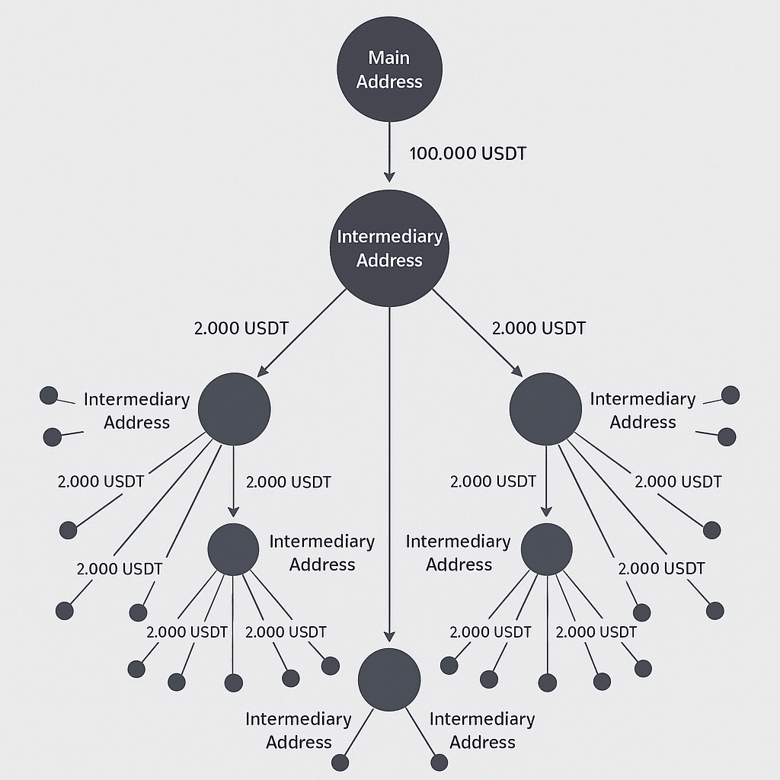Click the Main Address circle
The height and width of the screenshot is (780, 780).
point(389,69)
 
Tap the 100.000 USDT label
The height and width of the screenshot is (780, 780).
point(468,153)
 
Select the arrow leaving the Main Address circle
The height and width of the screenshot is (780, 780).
point(389,152)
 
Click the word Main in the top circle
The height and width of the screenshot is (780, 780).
point(389,58)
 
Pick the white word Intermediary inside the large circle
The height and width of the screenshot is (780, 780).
point(389,236)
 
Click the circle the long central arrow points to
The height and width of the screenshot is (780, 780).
point(389,679)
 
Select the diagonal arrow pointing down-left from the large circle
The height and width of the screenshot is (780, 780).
point(302,332)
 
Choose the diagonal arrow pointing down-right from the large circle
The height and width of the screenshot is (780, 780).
point(478,332)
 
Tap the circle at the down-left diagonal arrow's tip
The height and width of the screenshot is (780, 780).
point(234,409)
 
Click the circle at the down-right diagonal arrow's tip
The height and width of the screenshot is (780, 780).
point(545,409)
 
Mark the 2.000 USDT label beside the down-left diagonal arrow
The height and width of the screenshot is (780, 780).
point(241,328)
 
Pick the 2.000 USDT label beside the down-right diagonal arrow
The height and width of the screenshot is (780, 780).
point(539,328)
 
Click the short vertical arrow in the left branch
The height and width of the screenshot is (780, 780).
point(233,481)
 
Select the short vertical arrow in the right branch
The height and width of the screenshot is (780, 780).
point(546,481)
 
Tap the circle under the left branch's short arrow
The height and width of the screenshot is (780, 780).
point(233,549)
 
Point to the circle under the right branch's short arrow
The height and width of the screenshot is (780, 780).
point(547,549)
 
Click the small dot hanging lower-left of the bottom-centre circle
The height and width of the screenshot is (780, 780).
point(340,762)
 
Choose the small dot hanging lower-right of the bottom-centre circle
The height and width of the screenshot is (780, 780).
point(440,762)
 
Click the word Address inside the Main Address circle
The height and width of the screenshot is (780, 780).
point(389,82)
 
